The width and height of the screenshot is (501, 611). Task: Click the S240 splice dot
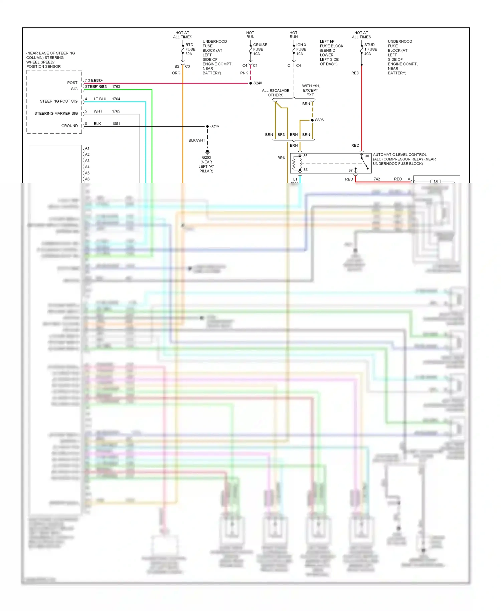tap(251, 83)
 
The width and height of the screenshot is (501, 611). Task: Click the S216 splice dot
tap(207, 126)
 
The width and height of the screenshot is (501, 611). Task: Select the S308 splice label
tap(319, 120)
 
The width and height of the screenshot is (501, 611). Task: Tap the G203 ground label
tap(206, 157)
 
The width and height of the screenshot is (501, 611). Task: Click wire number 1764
tap(116, 99)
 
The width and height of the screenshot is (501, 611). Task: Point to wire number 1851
tap(116, 124)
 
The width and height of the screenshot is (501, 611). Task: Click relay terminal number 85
tap(305, 156)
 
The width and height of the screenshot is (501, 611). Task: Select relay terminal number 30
tap(367, 156)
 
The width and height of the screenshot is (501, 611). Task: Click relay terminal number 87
tap(350, 170)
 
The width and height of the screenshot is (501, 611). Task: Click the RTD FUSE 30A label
tap(190, 49)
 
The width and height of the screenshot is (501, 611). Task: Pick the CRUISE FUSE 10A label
tap(260, 49)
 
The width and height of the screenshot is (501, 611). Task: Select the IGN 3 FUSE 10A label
tap(301, 49)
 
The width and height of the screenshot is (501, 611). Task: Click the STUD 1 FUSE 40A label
tap(370, 49)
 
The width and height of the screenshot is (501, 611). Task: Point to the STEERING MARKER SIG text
tap(56, 114)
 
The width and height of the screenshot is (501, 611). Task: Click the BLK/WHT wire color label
tap(197, 140)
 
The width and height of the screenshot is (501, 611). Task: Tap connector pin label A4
tap(87, 167)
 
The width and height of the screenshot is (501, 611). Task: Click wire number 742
tap(377, 179)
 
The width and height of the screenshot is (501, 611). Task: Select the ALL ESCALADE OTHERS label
tap(276, 93)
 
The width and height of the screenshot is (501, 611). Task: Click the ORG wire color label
tap(176, 73)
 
